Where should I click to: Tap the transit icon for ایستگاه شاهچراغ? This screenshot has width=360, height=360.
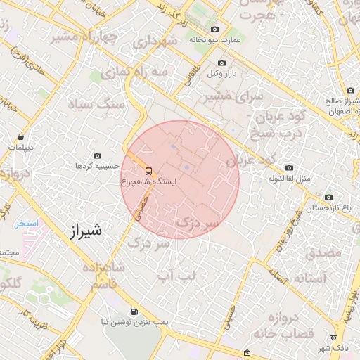148,170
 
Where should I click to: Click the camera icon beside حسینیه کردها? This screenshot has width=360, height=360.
97,155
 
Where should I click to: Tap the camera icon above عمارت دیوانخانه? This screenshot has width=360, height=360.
214,29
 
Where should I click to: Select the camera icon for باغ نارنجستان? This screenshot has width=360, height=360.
328,198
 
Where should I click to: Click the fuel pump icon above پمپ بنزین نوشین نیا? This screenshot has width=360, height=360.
134,311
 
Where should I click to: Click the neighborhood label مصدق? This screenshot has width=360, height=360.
323,251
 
